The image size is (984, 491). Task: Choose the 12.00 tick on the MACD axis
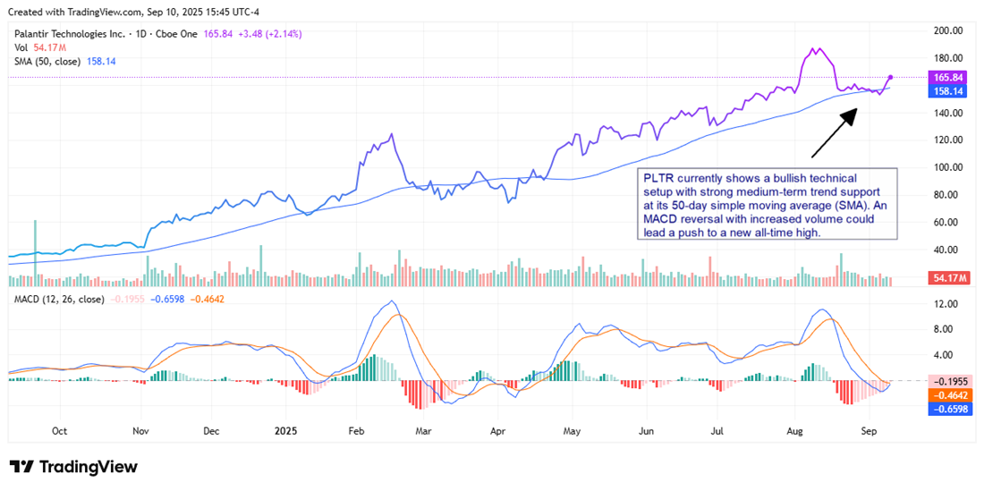tap(948, 304)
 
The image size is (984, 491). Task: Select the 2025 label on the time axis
tap(284, 430)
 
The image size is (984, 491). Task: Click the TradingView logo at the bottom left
tap(73, 467)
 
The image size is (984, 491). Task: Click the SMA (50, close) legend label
tap(46, 61)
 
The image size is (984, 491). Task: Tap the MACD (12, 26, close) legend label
tap(58, 299)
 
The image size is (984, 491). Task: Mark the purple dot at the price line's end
tap(891, 78)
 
